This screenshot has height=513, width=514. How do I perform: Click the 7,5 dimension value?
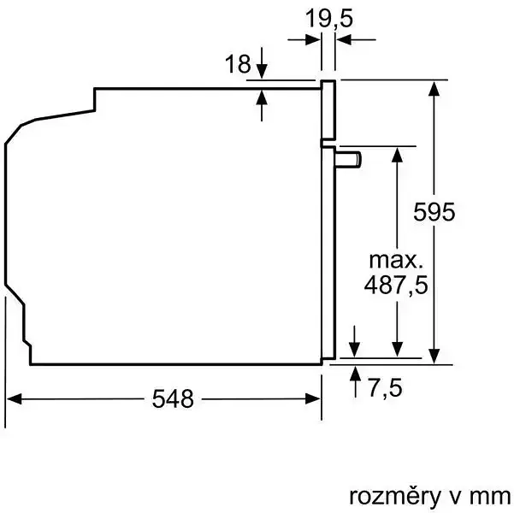(x=386, y=387)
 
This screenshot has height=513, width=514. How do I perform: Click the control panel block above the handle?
(x=328, y=111)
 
